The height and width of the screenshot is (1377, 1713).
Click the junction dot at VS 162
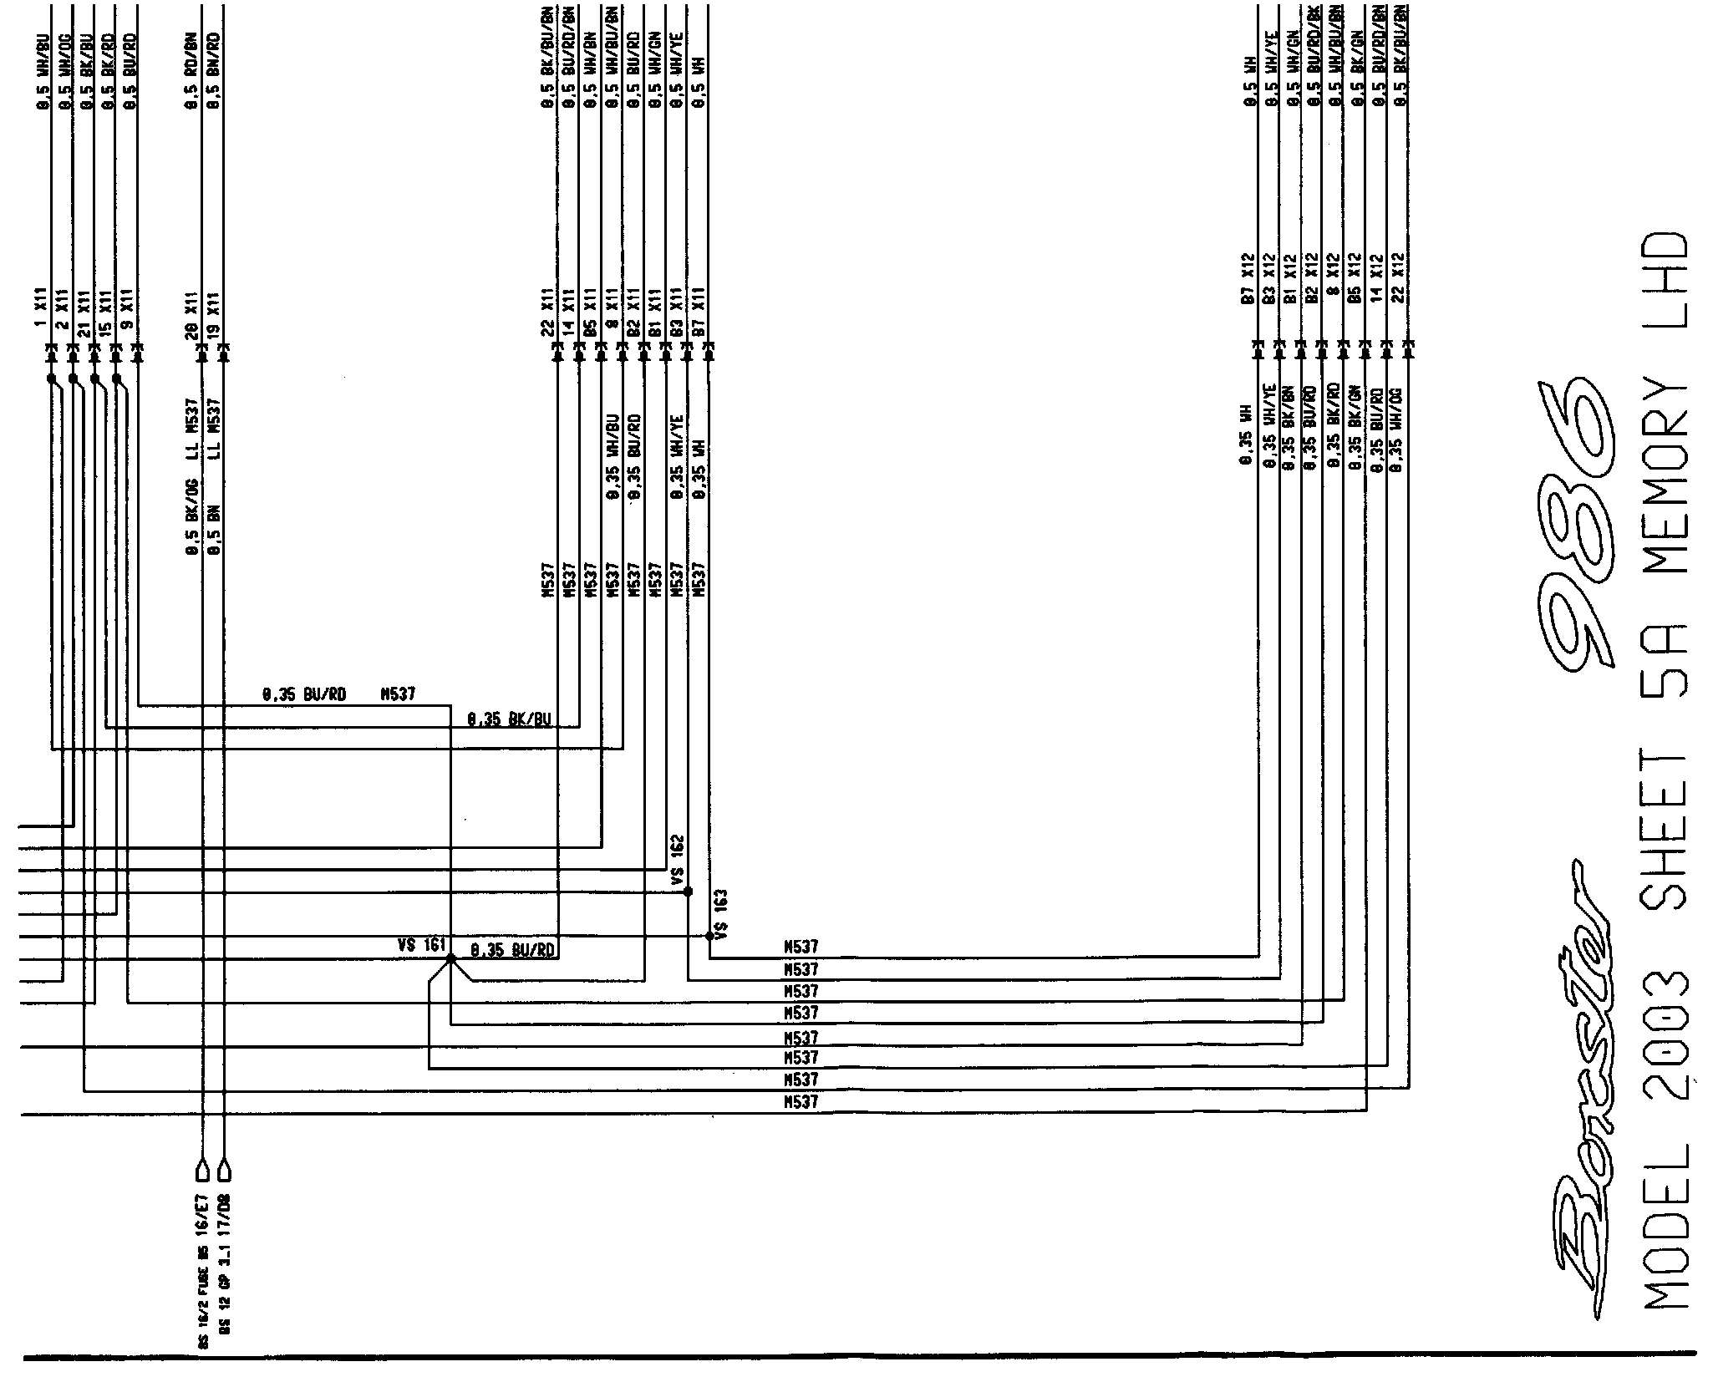click(x=688, y=892)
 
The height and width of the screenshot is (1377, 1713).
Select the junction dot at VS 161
click(x=450, y=960)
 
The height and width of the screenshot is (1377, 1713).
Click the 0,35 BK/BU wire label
click(x=510, y=719)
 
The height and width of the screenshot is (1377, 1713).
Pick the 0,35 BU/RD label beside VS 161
click(x=513, y=950)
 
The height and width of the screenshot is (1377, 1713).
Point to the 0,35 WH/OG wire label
click(x=1396, y=431)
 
